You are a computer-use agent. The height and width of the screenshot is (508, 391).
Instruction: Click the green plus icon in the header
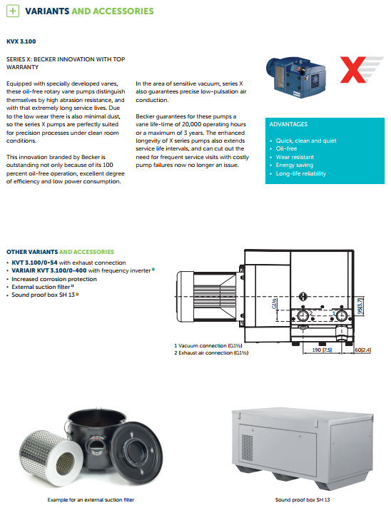pos(13,11)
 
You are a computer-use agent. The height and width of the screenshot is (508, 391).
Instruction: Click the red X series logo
pos(361,69)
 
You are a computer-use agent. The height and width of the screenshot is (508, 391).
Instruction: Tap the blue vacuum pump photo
pos(296,76)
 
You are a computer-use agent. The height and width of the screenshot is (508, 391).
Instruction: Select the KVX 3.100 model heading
pos(21,41)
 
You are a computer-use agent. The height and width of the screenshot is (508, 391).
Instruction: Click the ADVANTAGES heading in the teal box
pos(288,124)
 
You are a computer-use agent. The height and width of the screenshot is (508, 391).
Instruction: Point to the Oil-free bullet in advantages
pos(286,148)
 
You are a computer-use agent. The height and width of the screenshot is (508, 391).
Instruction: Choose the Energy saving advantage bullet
pos(295,166)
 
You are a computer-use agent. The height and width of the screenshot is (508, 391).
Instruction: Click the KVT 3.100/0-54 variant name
pos(34,263)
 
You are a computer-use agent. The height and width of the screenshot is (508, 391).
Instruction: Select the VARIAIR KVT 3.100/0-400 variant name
pos(49,270)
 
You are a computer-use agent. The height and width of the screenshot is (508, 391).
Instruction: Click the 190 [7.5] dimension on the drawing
pos(322,350)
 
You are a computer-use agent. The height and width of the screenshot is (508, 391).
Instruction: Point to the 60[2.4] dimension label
pos(363,350)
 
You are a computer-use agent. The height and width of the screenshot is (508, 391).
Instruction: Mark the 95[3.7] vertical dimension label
pos(360,305)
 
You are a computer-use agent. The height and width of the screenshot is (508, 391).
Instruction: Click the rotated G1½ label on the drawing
pos(274,304)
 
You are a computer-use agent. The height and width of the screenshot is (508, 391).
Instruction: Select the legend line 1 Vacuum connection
pos(208,346)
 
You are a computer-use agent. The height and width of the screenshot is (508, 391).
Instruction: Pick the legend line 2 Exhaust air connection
pos(211,352)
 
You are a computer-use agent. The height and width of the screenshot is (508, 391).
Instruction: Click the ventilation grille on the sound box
pos(247,448)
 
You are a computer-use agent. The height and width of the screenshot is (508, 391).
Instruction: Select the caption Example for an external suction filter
pos(91,500)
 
